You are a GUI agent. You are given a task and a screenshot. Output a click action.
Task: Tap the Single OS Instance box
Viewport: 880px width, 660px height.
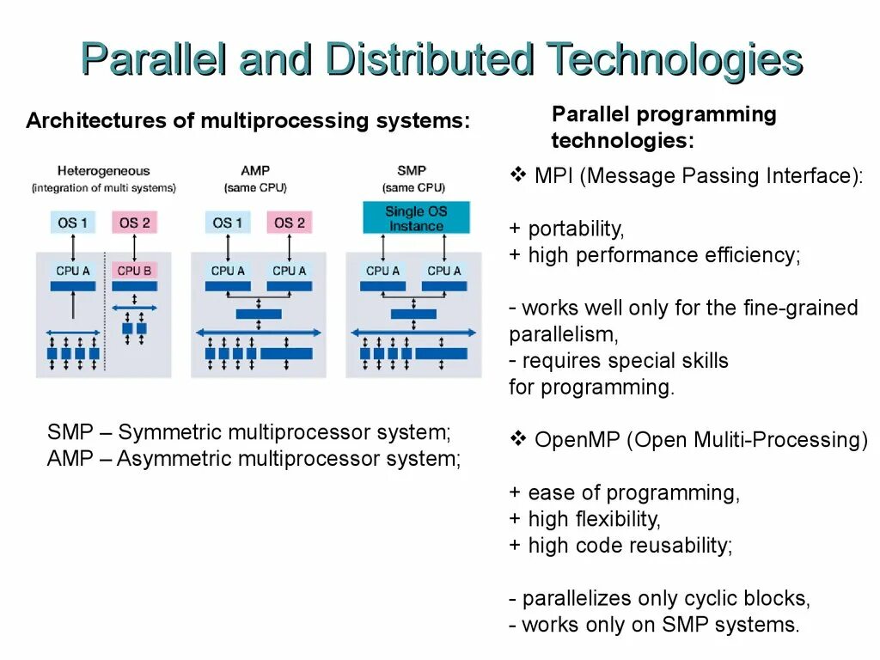point(416,218)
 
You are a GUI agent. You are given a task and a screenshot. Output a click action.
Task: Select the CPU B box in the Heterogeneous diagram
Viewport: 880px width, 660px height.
point(134,271)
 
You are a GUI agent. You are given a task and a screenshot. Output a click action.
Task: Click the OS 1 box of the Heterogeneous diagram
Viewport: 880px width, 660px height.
point(73,223)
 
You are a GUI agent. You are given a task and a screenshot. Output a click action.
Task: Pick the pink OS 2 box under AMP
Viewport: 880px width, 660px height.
point(290,223)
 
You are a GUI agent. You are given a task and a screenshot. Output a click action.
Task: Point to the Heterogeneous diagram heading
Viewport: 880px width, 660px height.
point(103,171)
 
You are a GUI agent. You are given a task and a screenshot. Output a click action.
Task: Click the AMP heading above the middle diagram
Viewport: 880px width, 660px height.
point(255,171)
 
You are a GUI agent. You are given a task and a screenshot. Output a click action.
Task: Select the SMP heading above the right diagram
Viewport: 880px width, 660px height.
point(412,171)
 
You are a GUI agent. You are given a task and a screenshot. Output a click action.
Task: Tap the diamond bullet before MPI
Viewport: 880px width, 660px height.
point(518,176)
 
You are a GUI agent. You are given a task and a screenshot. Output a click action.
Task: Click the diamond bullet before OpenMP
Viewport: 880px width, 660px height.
point(518,440)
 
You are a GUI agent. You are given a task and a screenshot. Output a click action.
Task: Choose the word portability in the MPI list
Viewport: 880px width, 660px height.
point(575,229)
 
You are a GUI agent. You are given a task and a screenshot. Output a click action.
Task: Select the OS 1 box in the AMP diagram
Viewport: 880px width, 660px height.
point(228,223)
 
